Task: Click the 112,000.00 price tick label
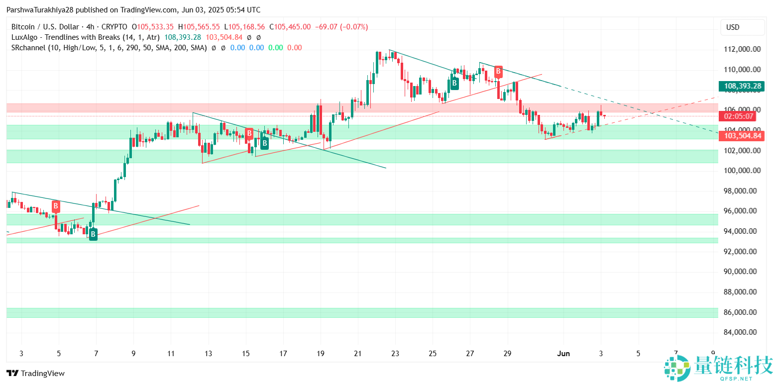coord(742,49)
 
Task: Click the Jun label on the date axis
coord(563,354)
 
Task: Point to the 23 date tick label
coord(395,354)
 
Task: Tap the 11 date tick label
coord(171,354)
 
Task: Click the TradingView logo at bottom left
coord(35,374)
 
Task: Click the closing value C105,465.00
coord(290,27)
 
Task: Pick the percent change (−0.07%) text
coord(354,27)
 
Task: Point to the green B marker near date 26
coord(454,83)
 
